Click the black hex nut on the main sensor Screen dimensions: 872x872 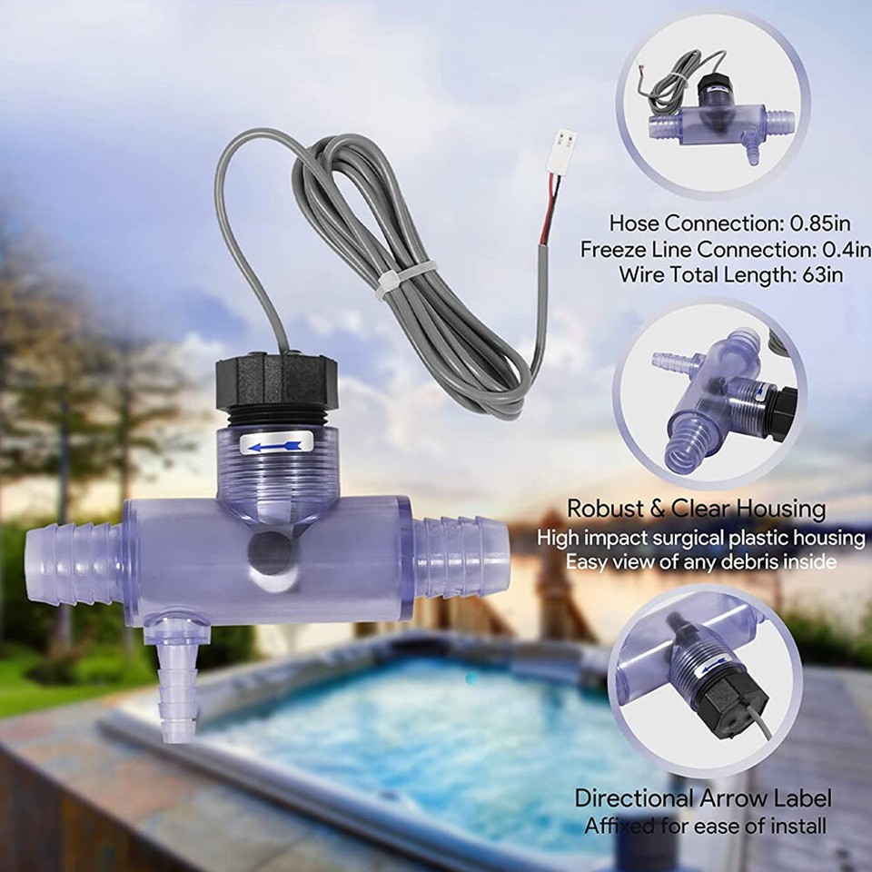tap(276, 381)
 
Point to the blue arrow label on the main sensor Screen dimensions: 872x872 tap(279, 445)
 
